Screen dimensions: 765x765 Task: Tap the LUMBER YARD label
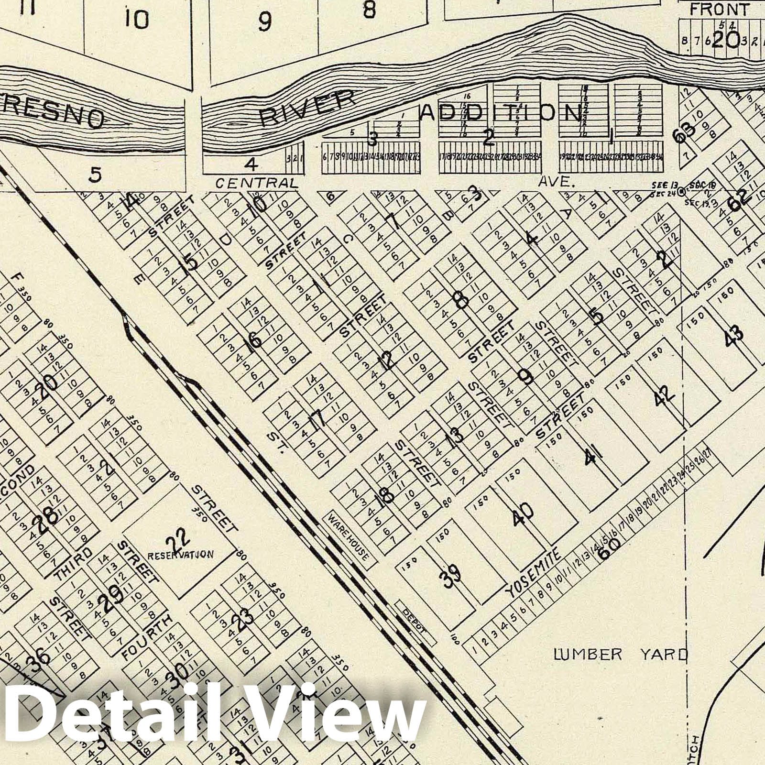click(620, 654)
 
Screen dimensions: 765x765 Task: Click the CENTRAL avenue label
click(256, 183)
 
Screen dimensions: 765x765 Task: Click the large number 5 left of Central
click(96, 175)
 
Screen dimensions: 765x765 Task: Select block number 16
click(254, 340)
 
